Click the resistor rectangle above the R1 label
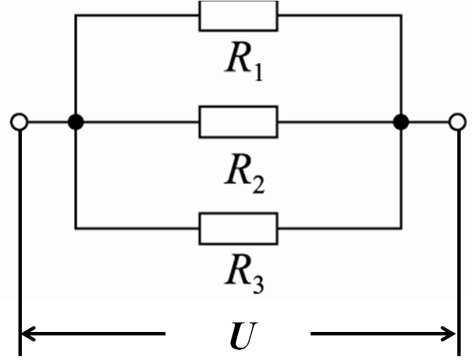[238, 16]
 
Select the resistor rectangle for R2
[238, 122]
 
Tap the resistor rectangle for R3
[238, 228]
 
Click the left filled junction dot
[76, 123]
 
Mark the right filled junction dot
[401, 123]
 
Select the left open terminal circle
[19, 123]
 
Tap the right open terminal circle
[457, 123]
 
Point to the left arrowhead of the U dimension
[29, 334]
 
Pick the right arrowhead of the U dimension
[448, 334]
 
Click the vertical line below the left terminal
[21, 239]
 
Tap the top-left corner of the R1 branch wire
[76, 16]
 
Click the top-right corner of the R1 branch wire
[401, 16]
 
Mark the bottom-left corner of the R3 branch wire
[76, 228]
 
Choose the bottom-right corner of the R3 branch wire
[401, 228]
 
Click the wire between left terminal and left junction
[48, 123]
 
